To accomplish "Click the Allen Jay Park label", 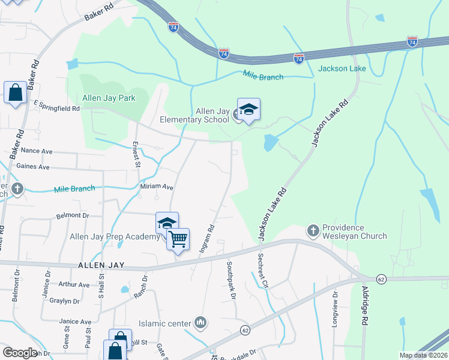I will click(109, 98).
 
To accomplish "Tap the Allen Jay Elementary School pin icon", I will click(249, 110).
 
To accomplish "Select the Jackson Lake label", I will click(342, 68).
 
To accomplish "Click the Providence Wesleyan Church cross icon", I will click(312, 230).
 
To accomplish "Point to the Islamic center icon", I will click(200, 323).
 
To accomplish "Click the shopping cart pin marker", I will click(178, 239).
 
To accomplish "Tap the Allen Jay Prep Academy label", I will click(115, 237).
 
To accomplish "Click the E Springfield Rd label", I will click(56, 106).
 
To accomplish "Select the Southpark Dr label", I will click(231, 280).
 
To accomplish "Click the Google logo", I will click(20, 353).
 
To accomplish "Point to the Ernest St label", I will click(136, 155).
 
